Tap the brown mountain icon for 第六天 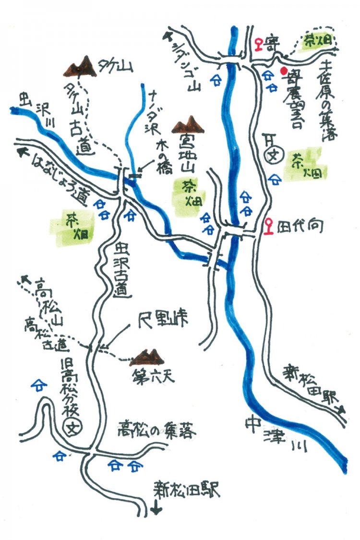pyautogui.click(x=148, y=358)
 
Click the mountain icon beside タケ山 pyautogui.click(x=80, y=66)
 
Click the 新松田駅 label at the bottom pyautogui.click(x=187, y=491)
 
